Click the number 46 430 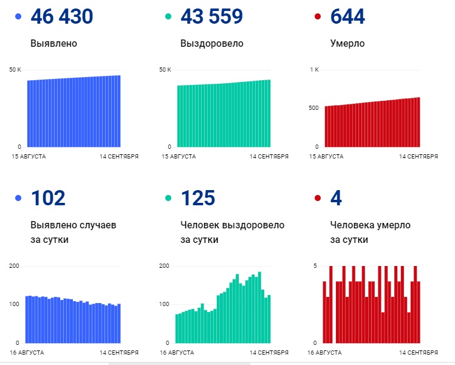click(x=61, y=17)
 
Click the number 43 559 click(x=211, y=17)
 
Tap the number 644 click(x=347, y=17)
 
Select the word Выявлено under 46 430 click(x=53, y=44)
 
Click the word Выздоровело click(x=211, y=44)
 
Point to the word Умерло click(x=347, y=44)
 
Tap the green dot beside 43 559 click(x=167, y=17)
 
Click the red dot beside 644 click(x=317, y=17)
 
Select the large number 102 click(x=47, y=198)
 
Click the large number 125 click(x=198, y=198)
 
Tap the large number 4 click(x=336, y=198)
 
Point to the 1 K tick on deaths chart click(x=314, y=70)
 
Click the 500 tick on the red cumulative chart click(x=313, y=108)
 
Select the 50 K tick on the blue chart click(x=15, y=70)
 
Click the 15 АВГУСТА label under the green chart click(x=178, y=156)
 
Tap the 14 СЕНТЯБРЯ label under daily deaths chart click(x=418, y=352)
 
